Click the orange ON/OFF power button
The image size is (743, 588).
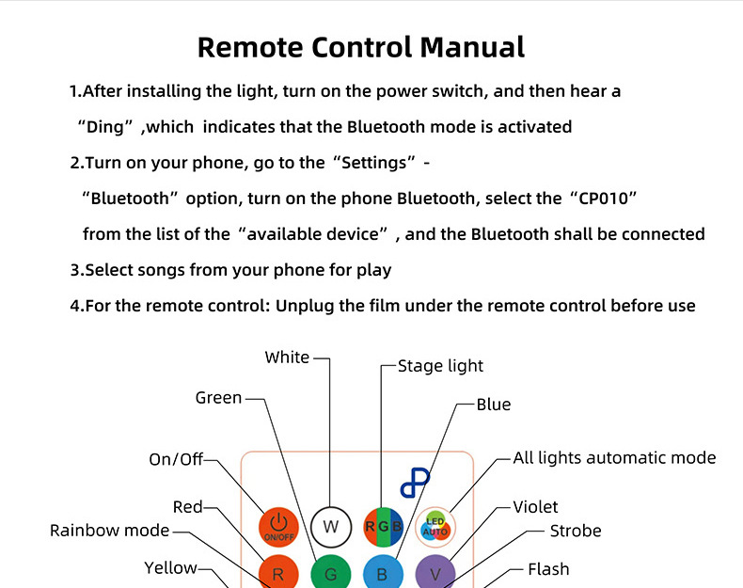(277, 526)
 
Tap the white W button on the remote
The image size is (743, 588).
(330, 527)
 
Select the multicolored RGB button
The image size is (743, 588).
(383, 527)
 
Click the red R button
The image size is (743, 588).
(277, 572)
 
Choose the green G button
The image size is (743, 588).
(330, 572)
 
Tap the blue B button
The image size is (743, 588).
(382, 572)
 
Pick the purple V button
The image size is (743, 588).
(435, 572)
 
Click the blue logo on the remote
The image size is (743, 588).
(414, 483)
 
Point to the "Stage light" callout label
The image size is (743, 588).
(440, 366)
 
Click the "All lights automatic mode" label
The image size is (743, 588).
(614, 458)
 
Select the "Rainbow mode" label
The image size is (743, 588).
(110, 531)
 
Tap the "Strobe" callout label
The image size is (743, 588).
(576, 531)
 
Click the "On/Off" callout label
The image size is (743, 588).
(176, 459)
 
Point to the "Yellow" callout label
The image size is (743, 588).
(170, 567)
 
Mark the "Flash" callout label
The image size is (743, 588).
(548, 569)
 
